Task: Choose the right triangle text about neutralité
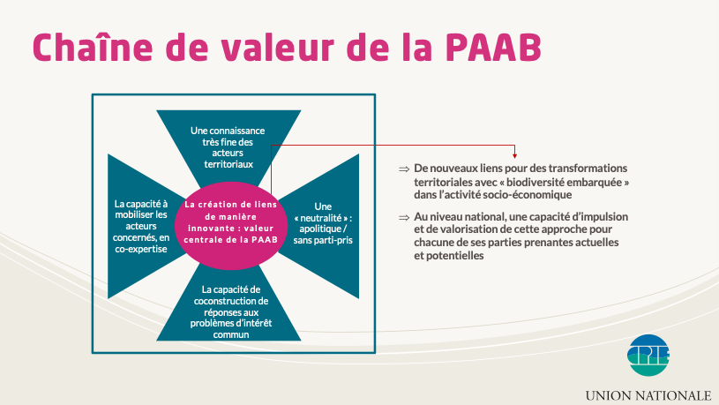click(322, 223)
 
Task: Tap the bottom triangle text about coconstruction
click(234, 311)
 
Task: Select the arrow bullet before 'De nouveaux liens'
click(403, 169)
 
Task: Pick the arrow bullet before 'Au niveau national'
click(403, 217)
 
